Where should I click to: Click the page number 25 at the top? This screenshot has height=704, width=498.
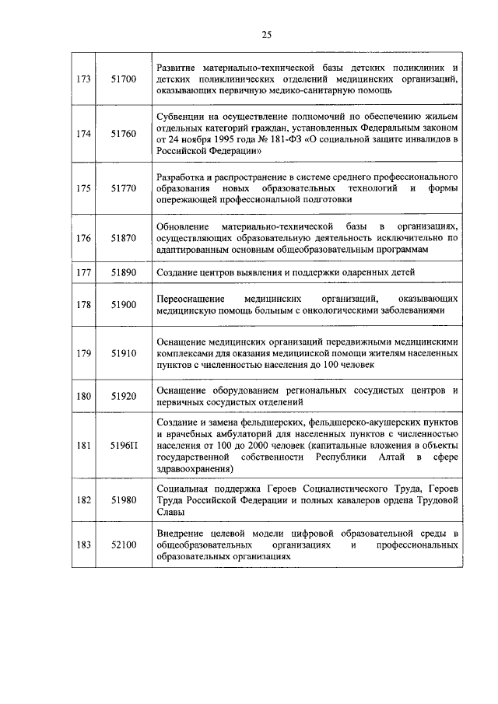266,34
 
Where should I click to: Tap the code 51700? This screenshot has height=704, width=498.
123,79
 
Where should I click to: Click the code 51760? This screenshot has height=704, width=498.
123,134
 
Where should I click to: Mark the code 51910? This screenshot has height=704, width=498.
123,352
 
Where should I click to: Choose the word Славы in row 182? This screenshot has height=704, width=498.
171,513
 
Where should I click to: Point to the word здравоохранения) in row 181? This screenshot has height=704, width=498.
194,469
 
